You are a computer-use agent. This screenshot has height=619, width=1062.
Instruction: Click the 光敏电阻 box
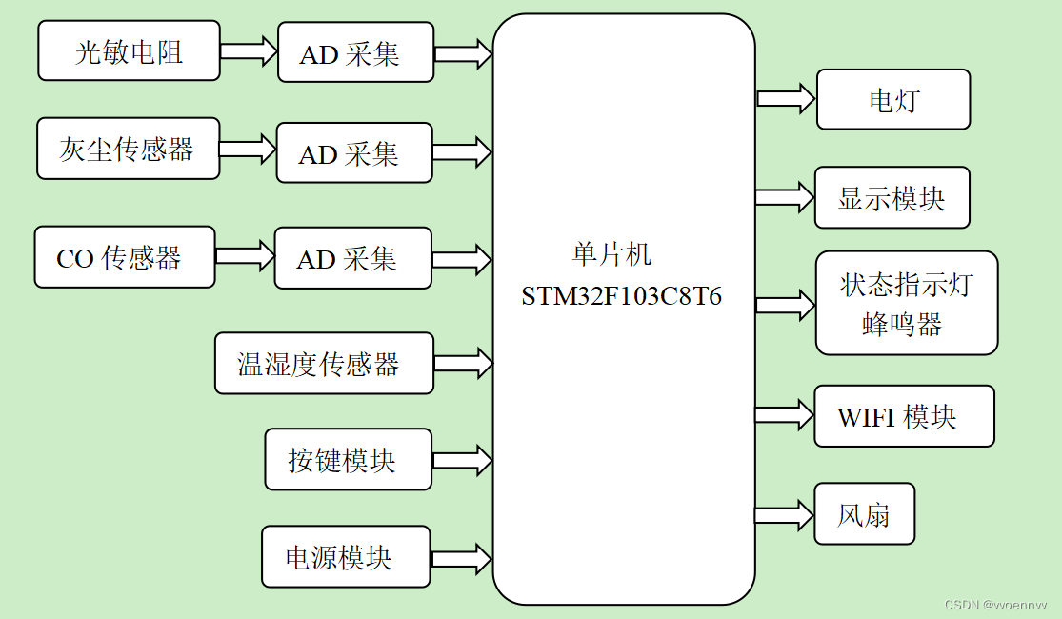(129, 51)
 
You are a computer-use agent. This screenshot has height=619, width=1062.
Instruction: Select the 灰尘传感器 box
(128, 149)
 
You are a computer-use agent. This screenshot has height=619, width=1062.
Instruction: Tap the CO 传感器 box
(124, 257)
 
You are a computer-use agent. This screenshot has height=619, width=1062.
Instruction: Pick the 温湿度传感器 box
(323, 363)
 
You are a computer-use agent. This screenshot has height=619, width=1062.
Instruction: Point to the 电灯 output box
(892, 99)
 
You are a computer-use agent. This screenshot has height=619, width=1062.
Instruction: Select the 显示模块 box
(892, 198)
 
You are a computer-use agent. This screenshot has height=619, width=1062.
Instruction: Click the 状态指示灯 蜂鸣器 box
(906, 303)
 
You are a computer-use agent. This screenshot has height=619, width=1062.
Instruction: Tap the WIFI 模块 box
(903, 416)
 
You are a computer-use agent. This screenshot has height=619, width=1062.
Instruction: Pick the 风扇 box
(864, 514)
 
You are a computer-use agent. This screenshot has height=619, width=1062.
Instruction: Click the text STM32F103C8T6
(621, 296)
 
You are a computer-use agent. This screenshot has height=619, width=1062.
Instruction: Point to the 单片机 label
(611, 254)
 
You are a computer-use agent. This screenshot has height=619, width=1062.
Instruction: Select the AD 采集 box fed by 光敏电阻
(355, 53)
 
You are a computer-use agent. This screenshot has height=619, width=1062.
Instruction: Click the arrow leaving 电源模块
(461, 557)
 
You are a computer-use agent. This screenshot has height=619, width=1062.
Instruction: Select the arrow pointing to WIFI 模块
(784, 414)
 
